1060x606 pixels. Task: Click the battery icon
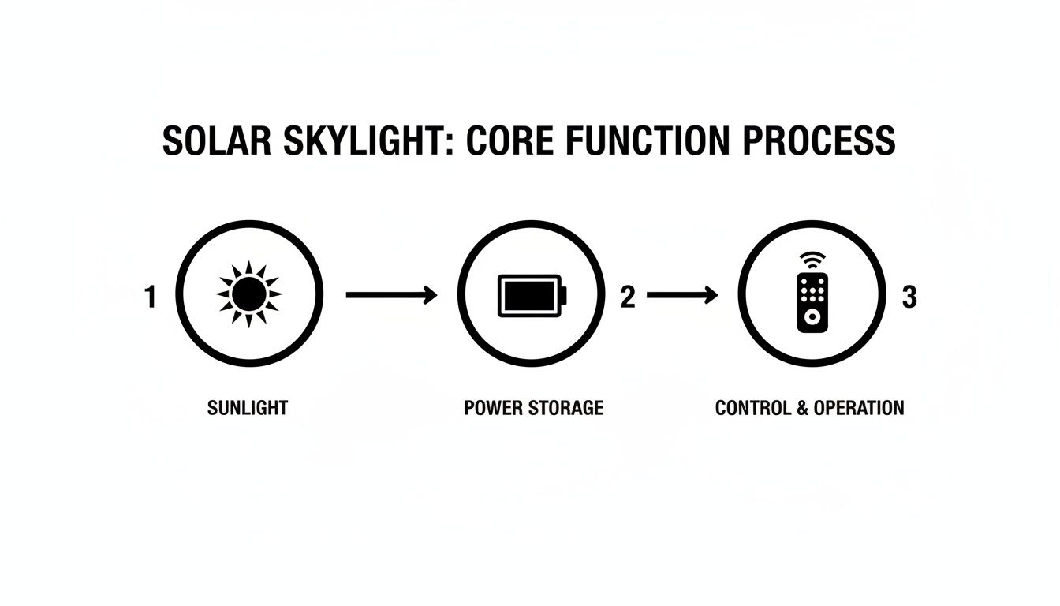pos(532,296)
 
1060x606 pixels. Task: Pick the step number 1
pos(151,297)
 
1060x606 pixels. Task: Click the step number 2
pos(628,297)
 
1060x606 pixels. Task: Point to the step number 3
pos(909,297)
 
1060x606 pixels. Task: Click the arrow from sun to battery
pos(392,296)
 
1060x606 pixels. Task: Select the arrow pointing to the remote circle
pos(682,296)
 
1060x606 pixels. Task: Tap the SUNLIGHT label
pos(248,408)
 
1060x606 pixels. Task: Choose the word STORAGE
pos(566,408)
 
